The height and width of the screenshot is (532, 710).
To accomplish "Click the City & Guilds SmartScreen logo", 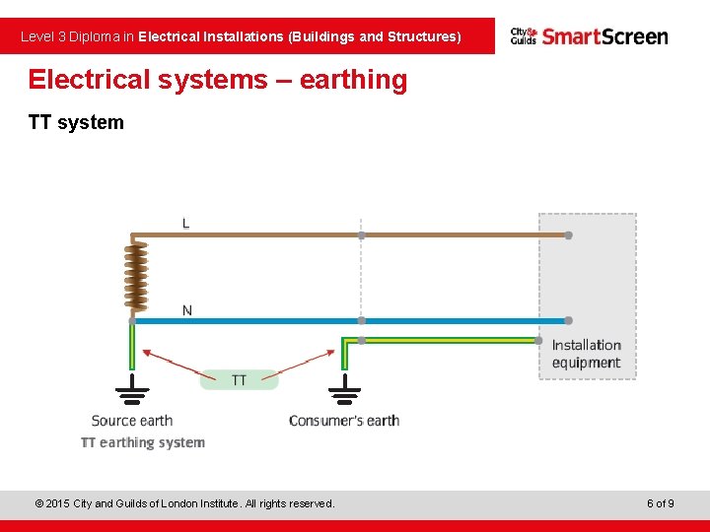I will coord(589,36).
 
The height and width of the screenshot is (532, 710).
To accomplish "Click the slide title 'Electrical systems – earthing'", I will coord(217,80).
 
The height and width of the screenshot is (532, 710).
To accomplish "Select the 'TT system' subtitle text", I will coord(76,122).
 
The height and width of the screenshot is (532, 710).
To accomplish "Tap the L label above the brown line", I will coord(185,224).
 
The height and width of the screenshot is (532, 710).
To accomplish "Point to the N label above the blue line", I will coord(186,310).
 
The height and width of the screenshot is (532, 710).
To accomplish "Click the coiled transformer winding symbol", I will coord(132,278).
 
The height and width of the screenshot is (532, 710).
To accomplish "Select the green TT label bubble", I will coord(239,379).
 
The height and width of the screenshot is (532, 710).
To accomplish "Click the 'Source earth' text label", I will coord(132,421).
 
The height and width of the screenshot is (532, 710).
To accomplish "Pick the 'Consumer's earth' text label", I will coord(343,421).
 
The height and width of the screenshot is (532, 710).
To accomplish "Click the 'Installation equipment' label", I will coord(586,354).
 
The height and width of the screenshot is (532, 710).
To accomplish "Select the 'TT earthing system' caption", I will coord(143,442).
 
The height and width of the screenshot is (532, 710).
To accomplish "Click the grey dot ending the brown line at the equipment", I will coord(568,235).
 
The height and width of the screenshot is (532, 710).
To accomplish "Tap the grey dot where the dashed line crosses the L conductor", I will coord(361,235).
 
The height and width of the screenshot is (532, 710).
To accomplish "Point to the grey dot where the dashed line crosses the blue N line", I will coord(361,320).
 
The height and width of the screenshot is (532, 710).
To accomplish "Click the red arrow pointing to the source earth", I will coord(173,363).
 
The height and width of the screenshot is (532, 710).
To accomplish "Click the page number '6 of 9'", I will coord(660,503).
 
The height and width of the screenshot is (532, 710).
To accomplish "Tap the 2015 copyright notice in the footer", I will coord(184,503).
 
